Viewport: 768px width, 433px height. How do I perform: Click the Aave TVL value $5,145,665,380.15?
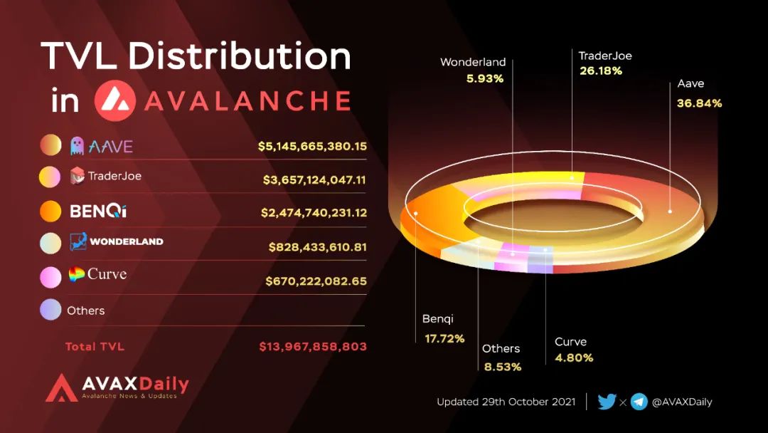point(312,147)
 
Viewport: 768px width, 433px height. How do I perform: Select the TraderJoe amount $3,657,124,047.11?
point(314,180)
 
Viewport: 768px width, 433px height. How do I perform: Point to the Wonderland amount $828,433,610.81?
point(318,247)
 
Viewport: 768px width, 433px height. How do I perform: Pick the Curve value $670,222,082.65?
point(316,281)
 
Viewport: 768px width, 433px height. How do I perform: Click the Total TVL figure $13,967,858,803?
point(313,347)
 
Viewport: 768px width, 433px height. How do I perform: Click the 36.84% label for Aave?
point(700,103)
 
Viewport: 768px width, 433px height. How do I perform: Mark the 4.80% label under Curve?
point(574,358)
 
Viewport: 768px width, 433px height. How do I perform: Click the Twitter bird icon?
point(607,402)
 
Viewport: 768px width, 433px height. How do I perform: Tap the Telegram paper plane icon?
point(639,402)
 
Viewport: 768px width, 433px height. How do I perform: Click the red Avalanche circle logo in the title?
point(114,100)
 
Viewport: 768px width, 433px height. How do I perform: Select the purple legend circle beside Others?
point(50,310)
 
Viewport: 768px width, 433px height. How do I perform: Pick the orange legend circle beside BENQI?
point(50,212)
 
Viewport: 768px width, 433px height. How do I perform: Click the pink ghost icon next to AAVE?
point(77,147)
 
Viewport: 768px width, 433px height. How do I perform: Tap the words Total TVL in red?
point(95,347)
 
